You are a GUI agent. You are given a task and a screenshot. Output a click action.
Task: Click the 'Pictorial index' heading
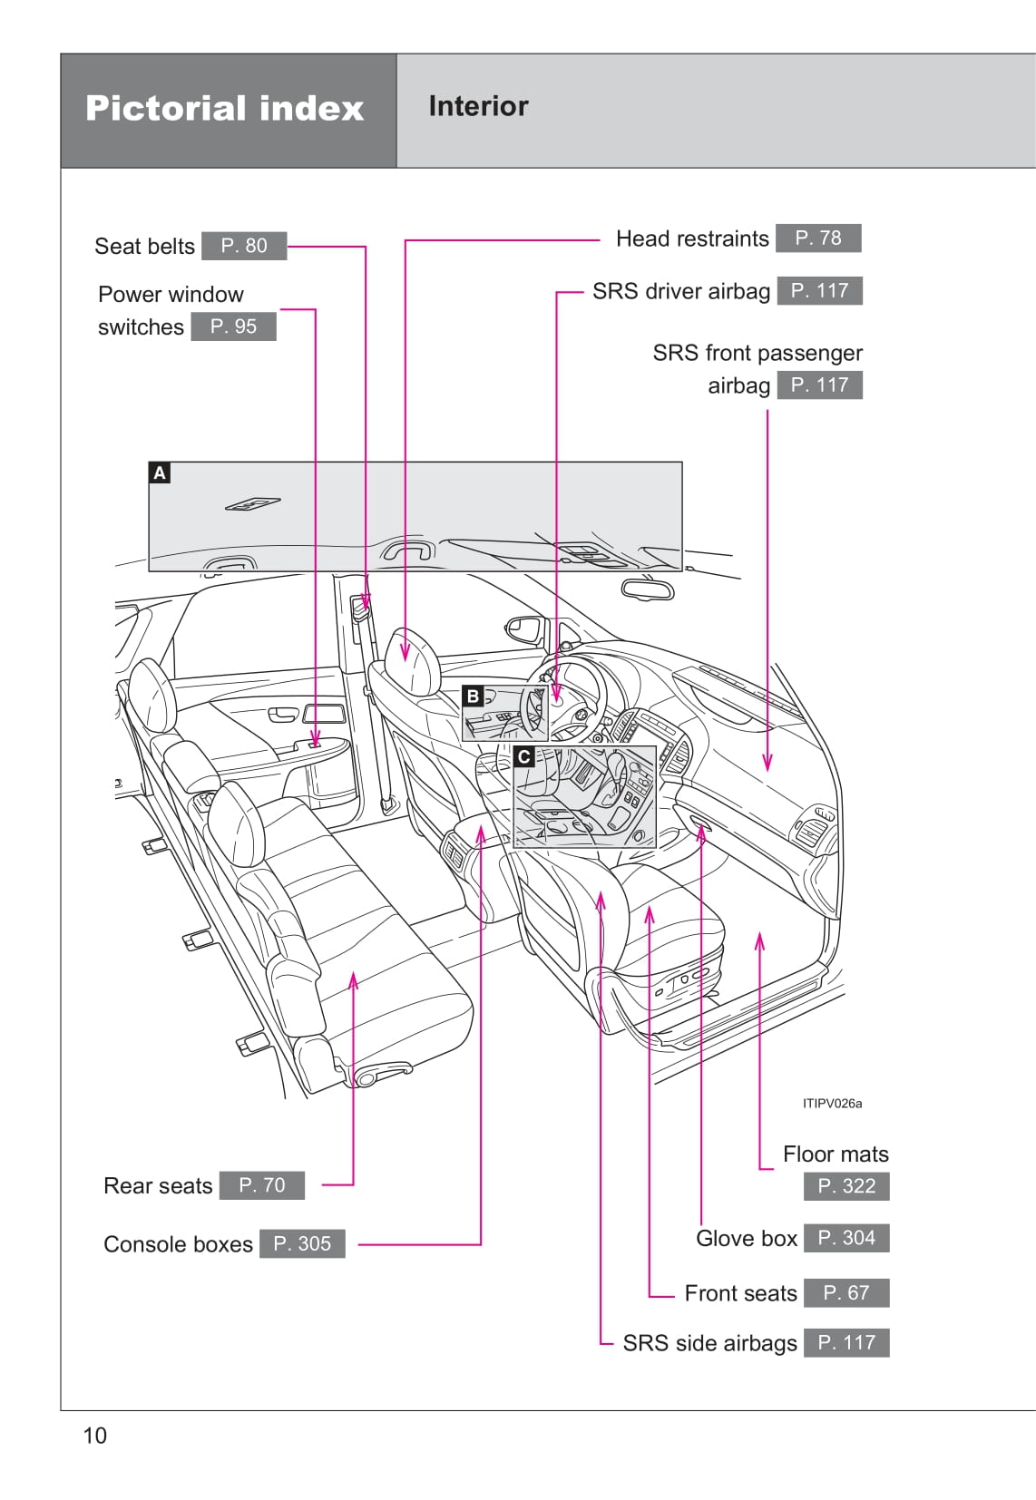click(224, 109)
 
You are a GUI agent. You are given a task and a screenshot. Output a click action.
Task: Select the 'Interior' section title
click(478, 106)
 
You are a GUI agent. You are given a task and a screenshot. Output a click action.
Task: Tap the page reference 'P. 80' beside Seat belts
click(244, 246)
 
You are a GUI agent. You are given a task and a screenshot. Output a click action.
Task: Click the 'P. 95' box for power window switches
click(233, 326)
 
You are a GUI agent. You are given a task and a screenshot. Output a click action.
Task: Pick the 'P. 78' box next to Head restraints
click(818, 238)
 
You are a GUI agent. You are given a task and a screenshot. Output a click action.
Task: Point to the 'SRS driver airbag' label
click(680, 291)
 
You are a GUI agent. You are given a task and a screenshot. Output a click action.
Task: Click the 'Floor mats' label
click(836, 1154)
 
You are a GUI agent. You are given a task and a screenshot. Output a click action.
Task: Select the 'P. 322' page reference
click(846, 1186)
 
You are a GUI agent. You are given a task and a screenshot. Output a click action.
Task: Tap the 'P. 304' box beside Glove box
click(846, 1238)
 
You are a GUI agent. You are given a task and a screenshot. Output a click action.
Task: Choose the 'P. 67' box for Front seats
click(846, 1292)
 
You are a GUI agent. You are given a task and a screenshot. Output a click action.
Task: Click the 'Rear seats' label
click(158, 1185)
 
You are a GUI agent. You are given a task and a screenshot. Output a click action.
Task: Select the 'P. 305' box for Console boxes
click(302, 1243)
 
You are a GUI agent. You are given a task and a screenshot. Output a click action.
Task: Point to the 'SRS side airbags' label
click(709, 1343)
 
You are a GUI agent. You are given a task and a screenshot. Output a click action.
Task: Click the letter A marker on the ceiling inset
click(160, 472)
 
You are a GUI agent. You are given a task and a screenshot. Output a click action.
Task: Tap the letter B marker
click(472, 696)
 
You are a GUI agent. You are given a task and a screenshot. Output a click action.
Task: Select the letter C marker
click(523, 756)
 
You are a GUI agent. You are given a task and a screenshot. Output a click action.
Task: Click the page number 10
click(94, 1436)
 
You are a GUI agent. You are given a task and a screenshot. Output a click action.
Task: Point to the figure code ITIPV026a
click(832, 1104)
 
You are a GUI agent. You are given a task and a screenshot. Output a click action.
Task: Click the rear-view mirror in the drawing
click(648, 589)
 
